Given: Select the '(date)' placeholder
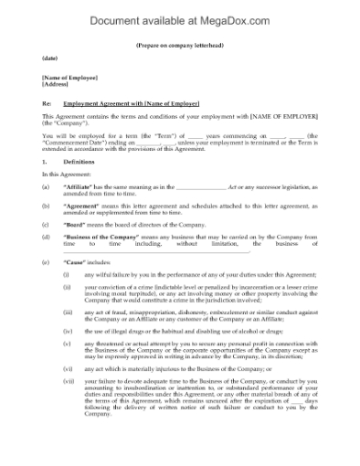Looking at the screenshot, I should [49, 59].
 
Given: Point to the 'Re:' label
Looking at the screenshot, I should [47, 103].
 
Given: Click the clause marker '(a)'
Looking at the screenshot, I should [46, 186].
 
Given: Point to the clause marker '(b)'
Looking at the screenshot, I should [46, 205].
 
